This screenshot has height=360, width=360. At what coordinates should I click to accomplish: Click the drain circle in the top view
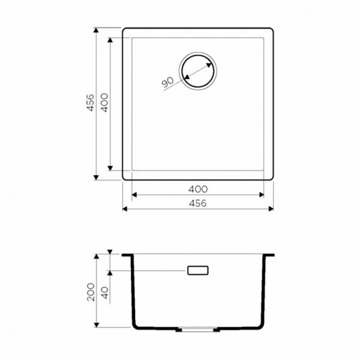pyautogui.click(x=197, y=70)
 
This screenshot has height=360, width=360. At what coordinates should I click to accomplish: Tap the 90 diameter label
pyautogui.click(x=167, y=82)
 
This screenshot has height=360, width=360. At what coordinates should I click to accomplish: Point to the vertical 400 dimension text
pyautogui.click(x=103, y=103)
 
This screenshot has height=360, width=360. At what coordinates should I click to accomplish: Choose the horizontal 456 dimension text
pyautogui.click(x=197, y=203)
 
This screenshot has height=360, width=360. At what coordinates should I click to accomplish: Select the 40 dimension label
pyautogui.click(x=103, y=294)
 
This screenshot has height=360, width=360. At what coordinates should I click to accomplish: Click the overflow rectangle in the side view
pyautogui.click(x=197, y=271)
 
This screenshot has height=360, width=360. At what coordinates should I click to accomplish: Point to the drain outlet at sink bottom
pyautogui.click(x=197, y=329)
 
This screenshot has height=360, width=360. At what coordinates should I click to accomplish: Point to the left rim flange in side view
pyautogui.click(x=128, y=256)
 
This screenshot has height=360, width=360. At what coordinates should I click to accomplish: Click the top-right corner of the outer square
pyautogui.click(x=272, y=28)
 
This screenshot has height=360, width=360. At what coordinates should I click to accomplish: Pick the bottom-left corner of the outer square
pyautogui.click(x=124, y=179)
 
